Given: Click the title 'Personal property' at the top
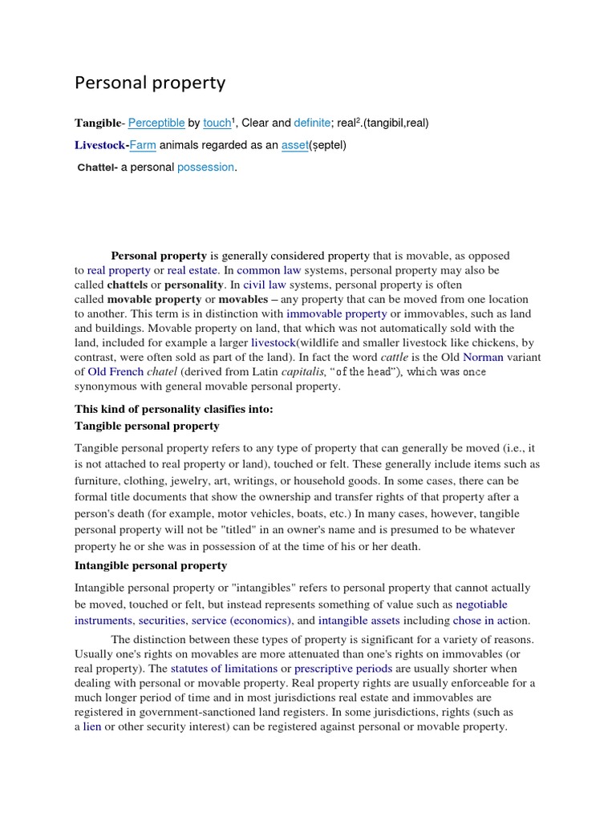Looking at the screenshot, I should coord(150,83).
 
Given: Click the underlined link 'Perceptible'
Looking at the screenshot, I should coord(156,123).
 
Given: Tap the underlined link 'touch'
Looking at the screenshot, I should coord(217,123).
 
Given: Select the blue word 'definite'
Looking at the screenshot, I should coord(312,123).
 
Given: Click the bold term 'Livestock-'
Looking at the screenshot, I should coord(102,145).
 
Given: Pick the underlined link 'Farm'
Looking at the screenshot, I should coord(143,145).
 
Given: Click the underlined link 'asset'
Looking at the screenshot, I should coord(294,145).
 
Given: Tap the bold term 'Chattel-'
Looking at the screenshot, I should coord(97,167).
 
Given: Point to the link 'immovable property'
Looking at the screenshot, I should coord(336,313).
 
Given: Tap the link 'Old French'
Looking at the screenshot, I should coord(115,371).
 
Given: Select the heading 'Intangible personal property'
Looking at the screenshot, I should coord(151,565).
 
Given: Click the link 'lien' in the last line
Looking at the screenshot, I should coord(92,726).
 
